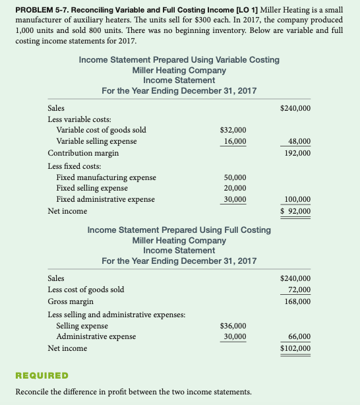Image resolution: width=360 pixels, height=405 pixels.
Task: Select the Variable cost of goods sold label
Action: click(x=101, y=130)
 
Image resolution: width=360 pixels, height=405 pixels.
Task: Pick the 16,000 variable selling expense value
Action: click(x=235, y=141)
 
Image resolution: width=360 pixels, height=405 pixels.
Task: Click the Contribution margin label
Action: click(x=83, y=153)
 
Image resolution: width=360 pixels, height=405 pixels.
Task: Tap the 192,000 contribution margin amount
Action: click(x=297, y=153)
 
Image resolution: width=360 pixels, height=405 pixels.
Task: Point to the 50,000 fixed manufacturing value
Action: click(x=235, y=177)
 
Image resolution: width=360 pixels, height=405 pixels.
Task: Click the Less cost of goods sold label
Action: click(x=86, y=290)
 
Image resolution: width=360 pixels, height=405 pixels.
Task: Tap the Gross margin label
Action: click(x=71, y=301)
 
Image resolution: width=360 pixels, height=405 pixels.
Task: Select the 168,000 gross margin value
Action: click(x=297, y=301)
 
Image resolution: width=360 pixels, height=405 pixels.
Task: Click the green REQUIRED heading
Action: click(x=41, y=375)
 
